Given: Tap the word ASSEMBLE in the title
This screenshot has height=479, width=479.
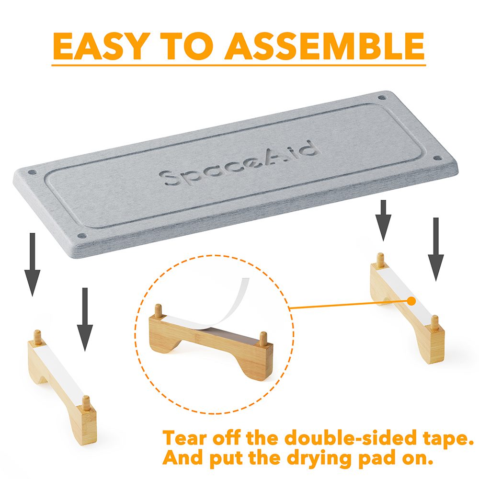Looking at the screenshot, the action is [324, 46].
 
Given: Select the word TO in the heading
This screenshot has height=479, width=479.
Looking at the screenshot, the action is [188, 46].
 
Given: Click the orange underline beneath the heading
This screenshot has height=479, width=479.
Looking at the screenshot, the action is [239, 65].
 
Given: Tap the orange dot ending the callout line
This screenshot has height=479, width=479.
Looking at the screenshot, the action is [412, 301].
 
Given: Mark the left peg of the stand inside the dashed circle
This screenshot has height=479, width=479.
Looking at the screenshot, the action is [158, 311].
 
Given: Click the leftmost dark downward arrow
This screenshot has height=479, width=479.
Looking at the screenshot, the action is [32, 264].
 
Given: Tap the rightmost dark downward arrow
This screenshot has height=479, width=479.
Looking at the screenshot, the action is [435, 249].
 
